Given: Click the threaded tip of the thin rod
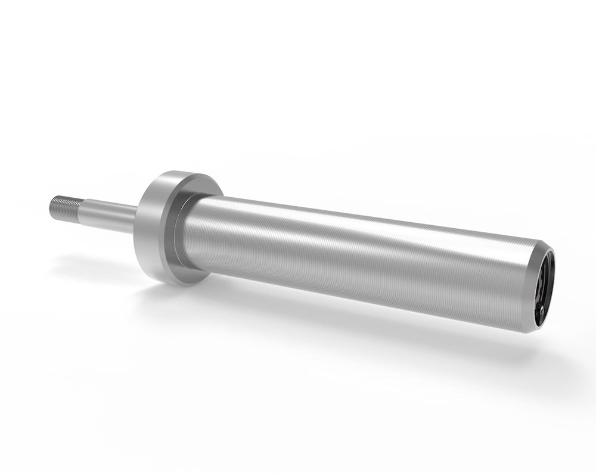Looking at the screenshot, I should (65, 207).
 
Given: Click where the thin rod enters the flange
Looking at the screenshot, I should (136, 220).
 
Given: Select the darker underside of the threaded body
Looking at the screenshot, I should (358, 298).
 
